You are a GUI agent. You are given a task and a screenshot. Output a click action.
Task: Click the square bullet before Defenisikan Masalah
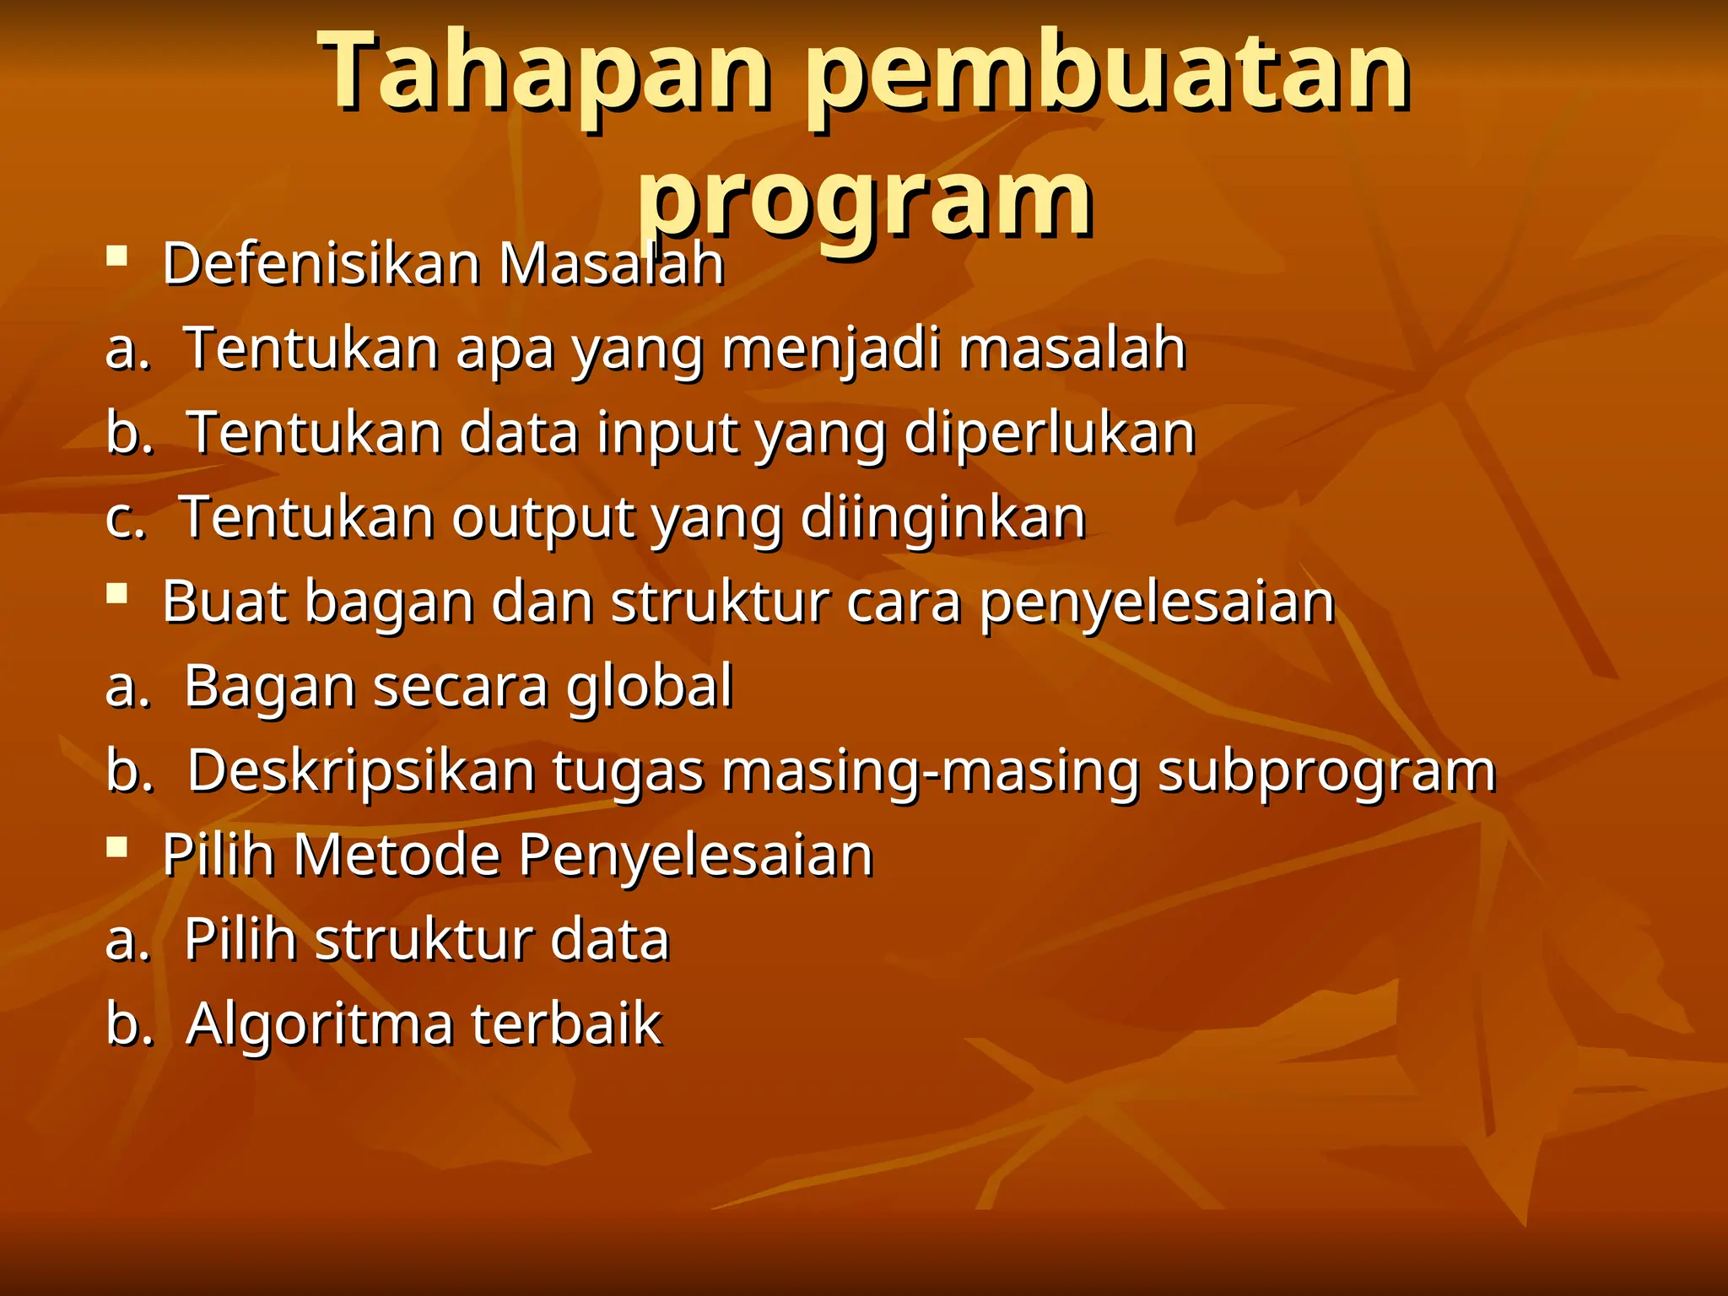pyautogui.click(x=117, y=255)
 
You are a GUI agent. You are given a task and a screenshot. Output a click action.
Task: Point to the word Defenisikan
pyautogui.click(x=321, y=264)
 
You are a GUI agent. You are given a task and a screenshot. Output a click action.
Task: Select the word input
pyautogui.click(x=666, y=433)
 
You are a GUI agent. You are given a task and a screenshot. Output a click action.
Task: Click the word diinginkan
pyautogui.click(x=942, y=517)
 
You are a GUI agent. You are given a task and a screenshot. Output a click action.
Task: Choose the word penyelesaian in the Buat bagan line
pyautogui.click(x=1157, y=603)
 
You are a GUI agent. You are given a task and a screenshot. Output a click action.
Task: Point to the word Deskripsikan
pyautogui.click(x=361, y=771)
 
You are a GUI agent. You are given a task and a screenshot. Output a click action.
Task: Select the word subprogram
pyautogui.click(x=1326, y=771)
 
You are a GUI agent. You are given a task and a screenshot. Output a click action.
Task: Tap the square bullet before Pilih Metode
pyautogui.click(x=117, y=846)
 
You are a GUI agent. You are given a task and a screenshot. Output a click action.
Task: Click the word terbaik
pyautogui.click(x=566, y=1023)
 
